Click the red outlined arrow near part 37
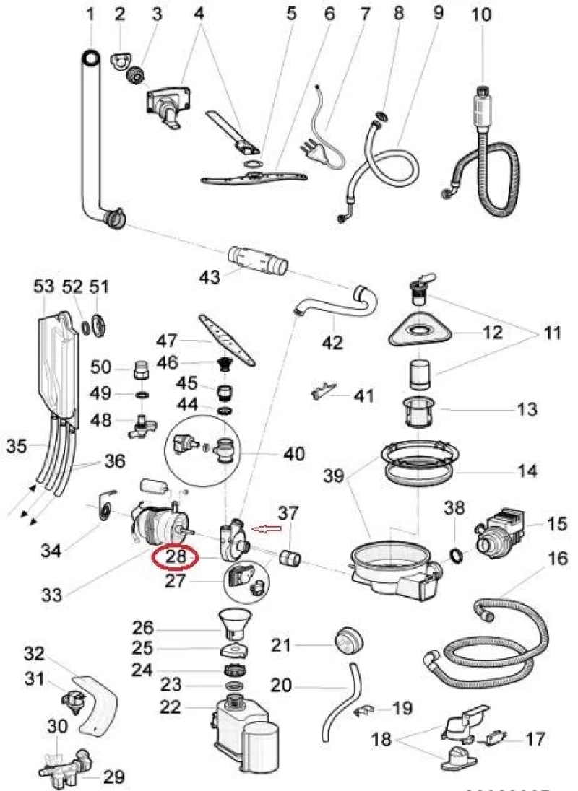pos(265,530)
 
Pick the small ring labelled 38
pos(457,554)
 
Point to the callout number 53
pos(44,287)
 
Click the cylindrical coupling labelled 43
pos(258,260)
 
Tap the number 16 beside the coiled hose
pos(557,559)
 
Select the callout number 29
pos(113,777)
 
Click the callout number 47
pos(167,340)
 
